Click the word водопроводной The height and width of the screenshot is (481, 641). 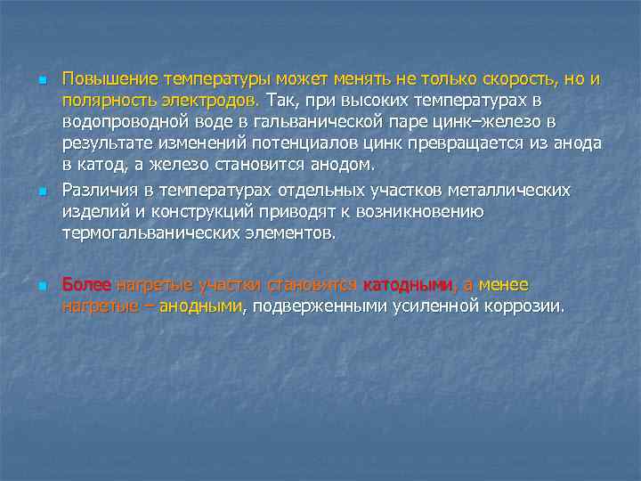121,121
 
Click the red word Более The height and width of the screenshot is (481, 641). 86,285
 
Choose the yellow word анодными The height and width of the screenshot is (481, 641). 200,306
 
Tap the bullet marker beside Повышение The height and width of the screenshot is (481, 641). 41,81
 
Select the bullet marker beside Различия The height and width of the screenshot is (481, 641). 41,193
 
